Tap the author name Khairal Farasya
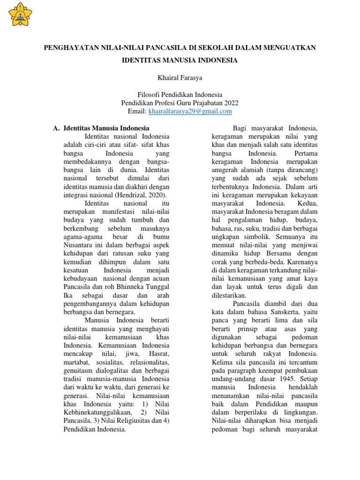[180, 77]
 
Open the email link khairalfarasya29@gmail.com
[190, 111]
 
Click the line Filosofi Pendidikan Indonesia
[180, 94]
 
